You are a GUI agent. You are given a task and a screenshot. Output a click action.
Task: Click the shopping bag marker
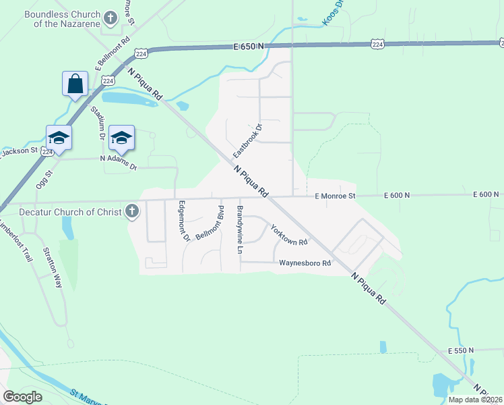pos(75,84)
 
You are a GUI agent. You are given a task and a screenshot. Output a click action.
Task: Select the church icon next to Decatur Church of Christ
pos(131,212)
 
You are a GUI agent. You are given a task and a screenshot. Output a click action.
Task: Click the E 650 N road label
pos(249,46)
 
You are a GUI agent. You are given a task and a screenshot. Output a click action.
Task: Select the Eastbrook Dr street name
pos(247,140)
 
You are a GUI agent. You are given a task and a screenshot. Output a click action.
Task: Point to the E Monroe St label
pos(335,196)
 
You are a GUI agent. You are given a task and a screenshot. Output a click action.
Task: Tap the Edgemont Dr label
pos(182,221)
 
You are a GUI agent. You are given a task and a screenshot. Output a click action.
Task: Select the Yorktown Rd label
pos(288,234)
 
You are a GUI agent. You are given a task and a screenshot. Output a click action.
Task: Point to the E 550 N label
pos(460,351)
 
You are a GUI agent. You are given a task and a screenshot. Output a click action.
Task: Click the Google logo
pos(22,396)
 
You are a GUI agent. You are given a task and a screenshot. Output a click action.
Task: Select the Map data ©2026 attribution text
pos(474,400)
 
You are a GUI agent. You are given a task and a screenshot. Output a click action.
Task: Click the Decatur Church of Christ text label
pos(61,212)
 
